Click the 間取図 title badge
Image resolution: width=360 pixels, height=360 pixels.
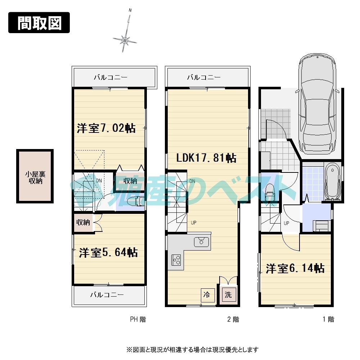(x=39, y=23)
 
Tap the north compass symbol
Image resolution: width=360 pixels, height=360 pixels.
(x=125, y=40)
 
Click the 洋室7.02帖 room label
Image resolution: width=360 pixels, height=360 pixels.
(x=106, y=128)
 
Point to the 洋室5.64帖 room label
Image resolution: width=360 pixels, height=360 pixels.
(x=108, y=252)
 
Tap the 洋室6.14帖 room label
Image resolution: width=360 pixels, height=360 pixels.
(x=295, y=268)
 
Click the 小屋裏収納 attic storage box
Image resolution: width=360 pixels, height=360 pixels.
(x=35, y=177)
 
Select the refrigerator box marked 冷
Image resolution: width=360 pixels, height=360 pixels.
(x=207, y=295)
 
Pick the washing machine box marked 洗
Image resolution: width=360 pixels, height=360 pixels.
(x=229, y=295)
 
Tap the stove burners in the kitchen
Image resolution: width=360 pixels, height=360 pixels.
(x=176, y=260)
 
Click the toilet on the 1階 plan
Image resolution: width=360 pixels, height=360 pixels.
(x=269, y=193)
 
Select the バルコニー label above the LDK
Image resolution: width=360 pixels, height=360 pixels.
(x=204, y=77)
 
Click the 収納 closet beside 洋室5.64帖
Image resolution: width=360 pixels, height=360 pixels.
(x=82, y=222)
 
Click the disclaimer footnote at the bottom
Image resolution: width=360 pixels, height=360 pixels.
(x=192, y=349)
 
